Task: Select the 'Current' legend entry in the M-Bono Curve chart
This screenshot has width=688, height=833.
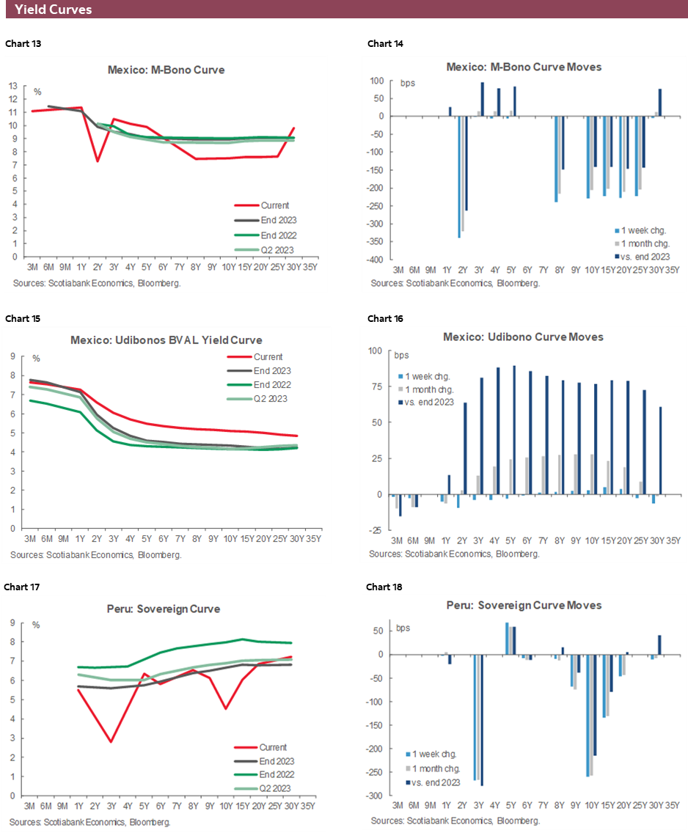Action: pyautogui.click(x=275, y=205)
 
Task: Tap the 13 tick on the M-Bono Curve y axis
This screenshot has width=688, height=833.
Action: pyautogui.click(x=14, y=85)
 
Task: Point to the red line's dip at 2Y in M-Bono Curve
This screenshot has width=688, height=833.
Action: pyautogui.click(x=98, y=161)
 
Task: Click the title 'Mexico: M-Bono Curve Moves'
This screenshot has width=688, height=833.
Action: pyautogui.click(x=524, y=67)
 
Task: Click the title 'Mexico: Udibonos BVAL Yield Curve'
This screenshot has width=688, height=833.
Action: pyautogui.click(x=166, y=340)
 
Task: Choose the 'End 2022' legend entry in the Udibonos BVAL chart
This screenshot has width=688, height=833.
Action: pyautogui.click(x=271, y=384)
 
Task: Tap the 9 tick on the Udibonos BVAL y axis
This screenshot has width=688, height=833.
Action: pyautogui.click(x=14, y=356)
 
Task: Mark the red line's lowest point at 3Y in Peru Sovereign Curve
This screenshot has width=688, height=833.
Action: pyautogui.click(x=110, y=741)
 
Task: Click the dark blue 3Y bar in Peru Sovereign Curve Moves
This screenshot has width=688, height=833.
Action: pyautogui.click(x=482, y=720)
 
